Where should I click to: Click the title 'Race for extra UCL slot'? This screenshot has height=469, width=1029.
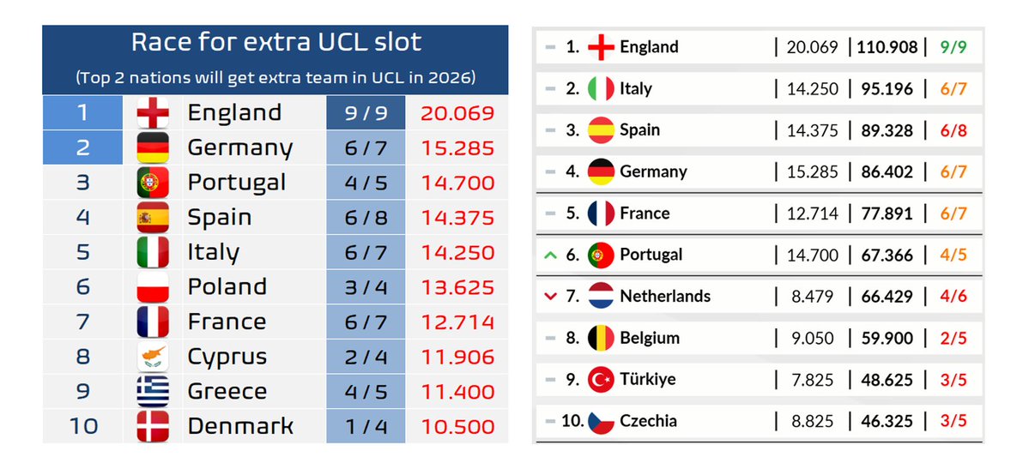[275, 43]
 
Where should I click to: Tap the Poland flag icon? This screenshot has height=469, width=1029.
[153, 286]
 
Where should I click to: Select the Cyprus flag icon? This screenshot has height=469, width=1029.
[153, 357]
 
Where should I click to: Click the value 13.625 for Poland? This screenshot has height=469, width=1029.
[457, 287]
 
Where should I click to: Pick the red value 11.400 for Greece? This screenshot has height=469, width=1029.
[457, 392]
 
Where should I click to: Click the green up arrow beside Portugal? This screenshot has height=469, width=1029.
[551, 255]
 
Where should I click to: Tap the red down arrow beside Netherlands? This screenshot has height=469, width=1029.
[551, 296]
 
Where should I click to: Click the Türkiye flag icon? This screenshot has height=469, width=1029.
[601, 379]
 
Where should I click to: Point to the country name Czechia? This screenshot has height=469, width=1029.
[648, 420]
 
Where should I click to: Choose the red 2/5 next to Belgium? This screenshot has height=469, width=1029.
[953, 338]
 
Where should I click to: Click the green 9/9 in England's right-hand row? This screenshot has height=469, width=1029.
[953, 47]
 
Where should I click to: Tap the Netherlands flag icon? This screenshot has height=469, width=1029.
[601, 296]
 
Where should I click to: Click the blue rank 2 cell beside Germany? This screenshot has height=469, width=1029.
[83, 147]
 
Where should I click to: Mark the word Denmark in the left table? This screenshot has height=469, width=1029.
[240, 426]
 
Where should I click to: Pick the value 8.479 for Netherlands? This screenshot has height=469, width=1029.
[812, 296]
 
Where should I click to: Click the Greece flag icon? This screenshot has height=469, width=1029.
[153, 392]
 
